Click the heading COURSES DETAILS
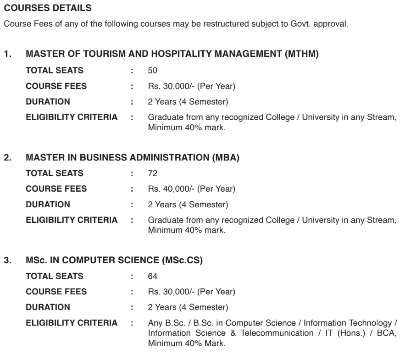point(39,8)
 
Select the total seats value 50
point(153,71)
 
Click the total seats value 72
point(153,174)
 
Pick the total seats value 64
point(153,276)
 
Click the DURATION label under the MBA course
point(48,204)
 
